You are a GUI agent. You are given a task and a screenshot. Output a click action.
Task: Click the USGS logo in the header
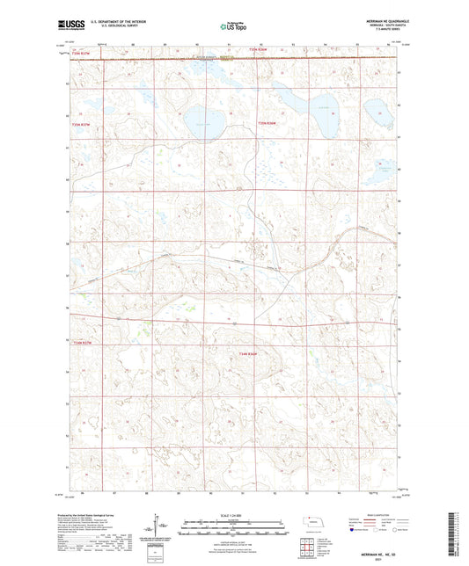pos(69,25)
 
